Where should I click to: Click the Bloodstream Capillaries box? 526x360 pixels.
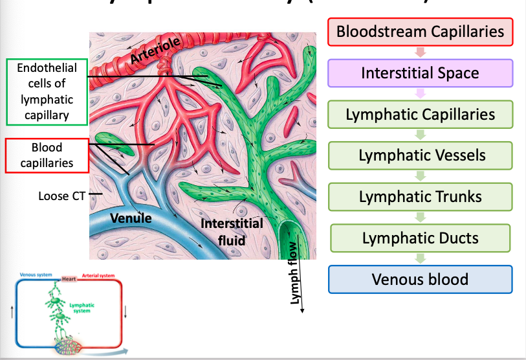click(420, 32)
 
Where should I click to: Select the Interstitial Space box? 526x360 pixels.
click(420, 73)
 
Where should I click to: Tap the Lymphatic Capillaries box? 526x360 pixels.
click(420, 115)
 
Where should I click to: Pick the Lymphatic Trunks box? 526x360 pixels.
click(421, 196)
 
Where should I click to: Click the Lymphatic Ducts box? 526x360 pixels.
click(421, 238)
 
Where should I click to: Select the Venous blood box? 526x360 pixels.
click(420, 279)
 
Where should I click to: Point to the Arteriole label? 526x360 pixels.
click(154, 51)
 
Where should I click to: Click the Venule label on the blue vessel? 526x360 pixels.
click(131, 218)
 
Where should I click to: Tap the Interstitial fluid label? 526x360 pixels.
click(232, 230)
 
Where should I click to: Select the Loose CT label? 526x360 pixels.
click(61, 195)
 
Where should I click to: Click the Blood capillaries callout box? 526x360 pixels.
click(47, 156)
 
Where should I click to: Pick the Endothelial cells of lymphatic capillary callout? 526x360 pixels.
click(47, 92)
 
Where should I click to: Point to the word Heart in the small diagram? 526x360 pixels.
click(69, 279)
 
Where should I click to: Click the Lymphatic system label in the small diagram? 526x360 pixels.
click(82, 308)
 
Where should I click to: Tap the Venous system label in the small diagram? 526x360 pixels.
click(36, 275)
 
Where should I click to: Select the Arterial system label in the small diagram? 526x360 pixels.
click(98, 275)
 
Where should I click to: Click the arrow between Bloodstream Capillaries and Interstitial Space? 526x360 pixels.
click(420, 52)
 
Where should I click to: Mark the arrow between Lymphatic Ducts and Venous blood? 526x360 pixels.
click(421, 258)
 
